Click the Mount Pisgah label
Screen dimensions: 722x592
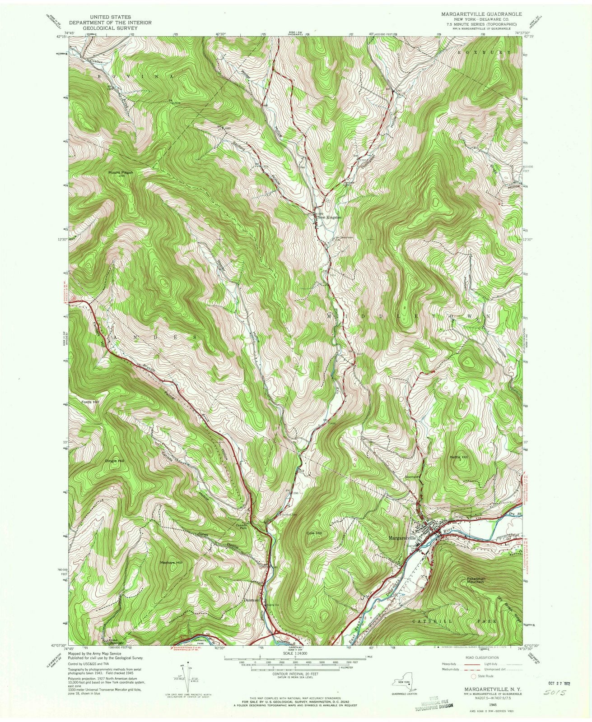[x=119, y=173]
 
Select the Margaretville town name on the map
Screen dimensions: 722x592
[x=401, y=538]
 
